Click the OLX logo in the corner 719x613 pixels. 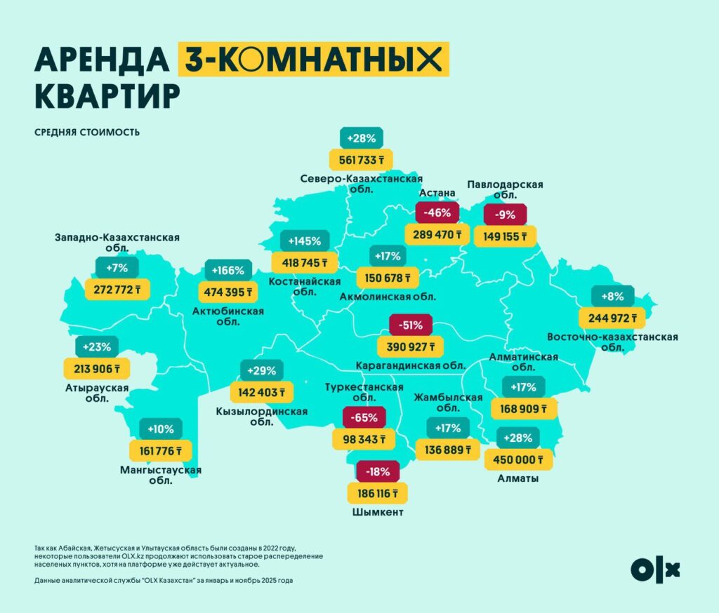pyautogui.click(x=655, y=569)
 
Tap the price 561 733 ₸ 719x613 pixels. pyautogui.click(x=360, y=159)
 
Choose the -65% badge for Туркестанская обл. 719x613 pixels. pyautogui.click(x=364, y=418)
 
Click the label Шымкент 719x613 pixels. pyautogui.click(x=377, y=513)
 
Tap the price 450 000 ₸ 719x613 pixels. pyautogui.click(x=519, y=459)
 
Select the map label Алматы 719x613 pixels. pyautogui.click(x=519, y=478)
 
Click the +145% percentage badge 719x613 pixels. pyautogui.click(x=304, y=241)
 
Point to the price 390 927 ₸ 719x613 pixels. pyautogui.click(x=411, y=346)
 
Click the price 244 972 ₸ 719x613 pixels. pyautogui.click(x=612, y=316)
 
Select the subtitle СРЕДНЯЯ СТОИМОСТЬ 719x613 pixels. pyautogui.click(x=86, y=132)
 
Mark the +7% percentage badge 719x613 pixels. pyautogui.click(x=116, y=268)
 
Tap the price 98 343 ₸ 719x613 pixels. pyautogui.click(x=363, y=439)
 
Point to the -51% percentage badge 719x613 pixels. pyautogui.click(x=410, y=325)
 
